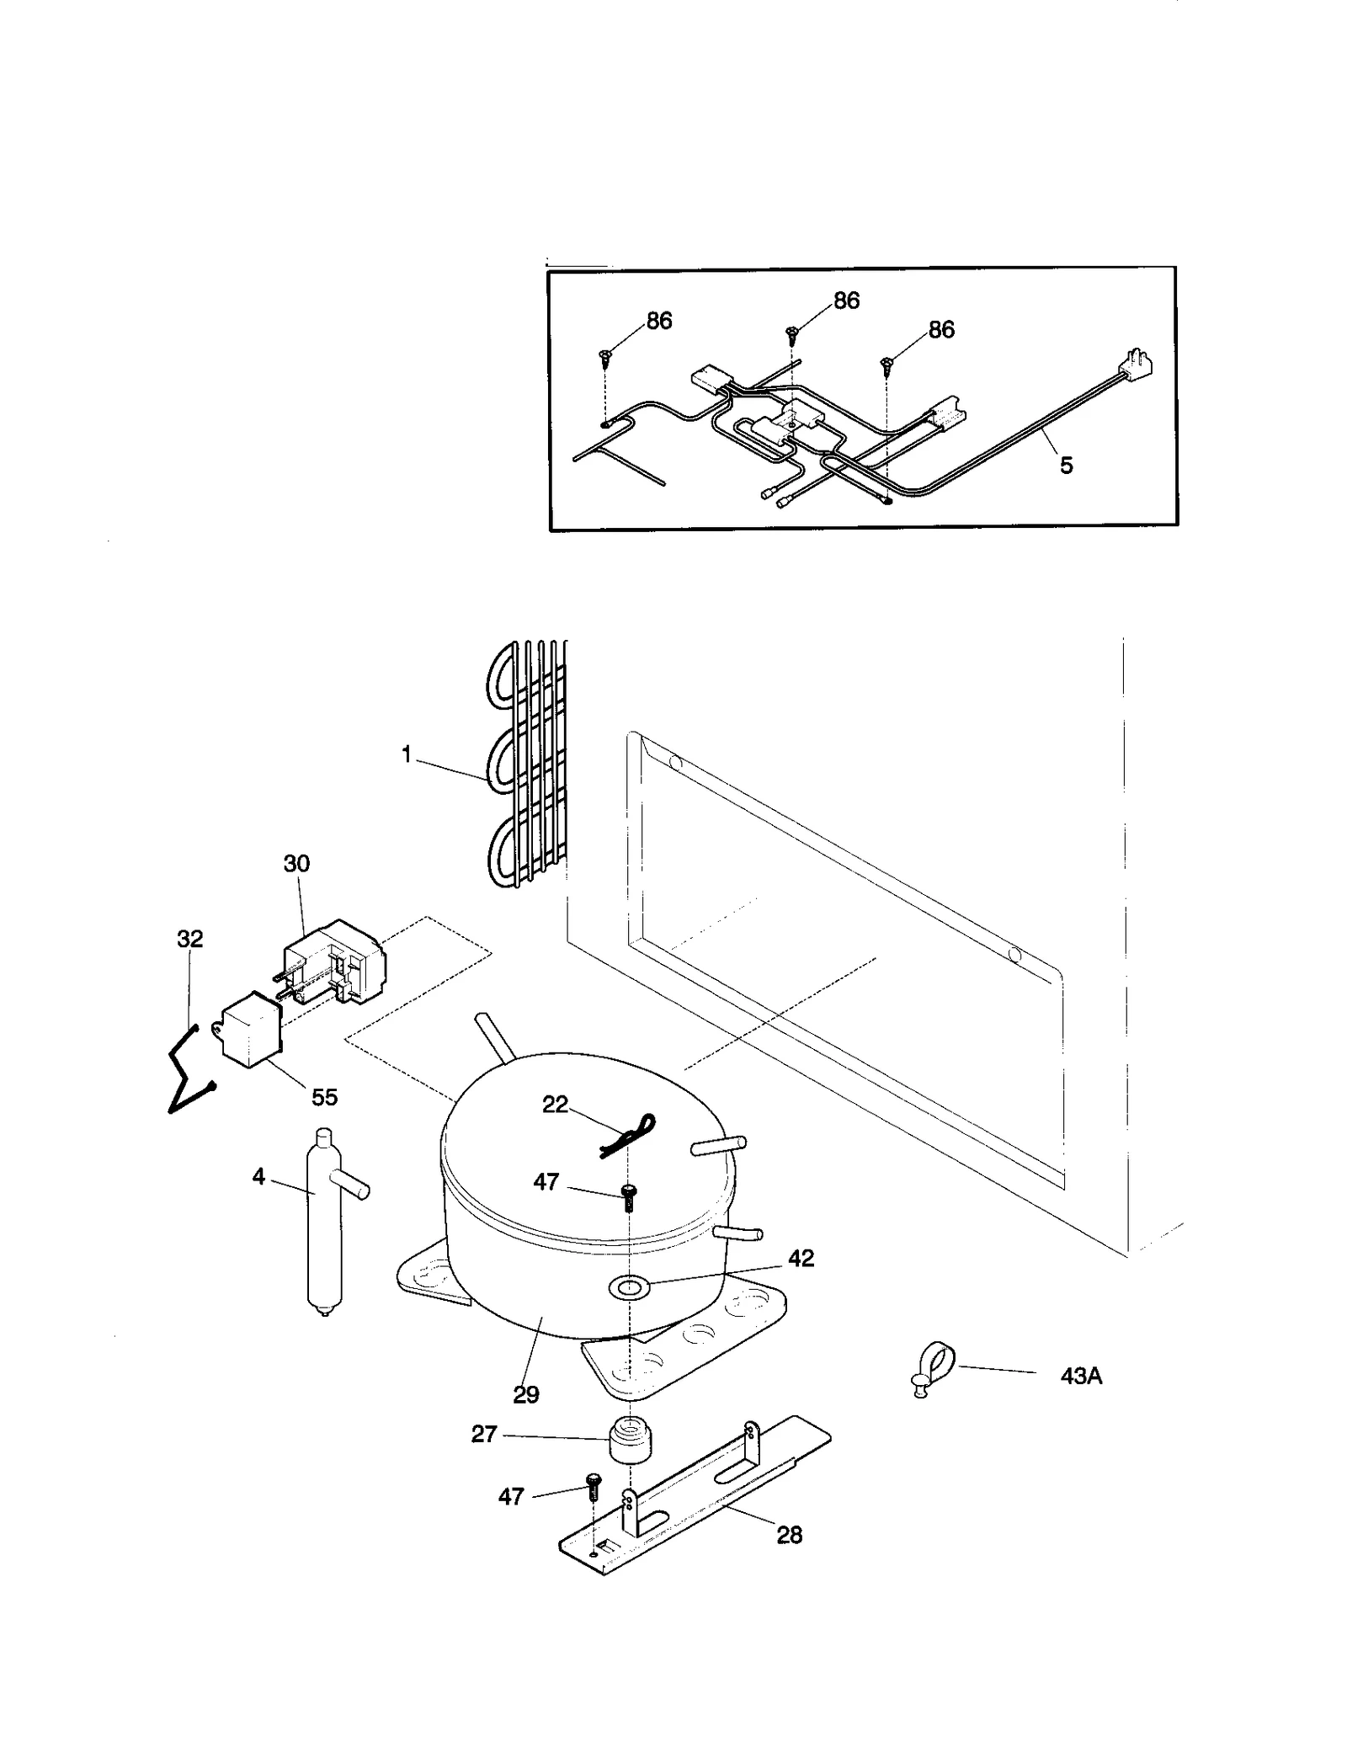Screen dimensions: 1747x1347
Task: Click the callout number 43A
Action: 1080,1377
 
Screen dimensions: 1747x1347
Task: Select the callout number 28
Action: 789,1535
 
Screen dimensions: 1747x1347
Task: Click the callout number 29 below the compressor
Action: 526,1395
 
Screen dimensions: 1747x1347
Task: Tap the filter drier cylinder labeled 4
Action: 325,1221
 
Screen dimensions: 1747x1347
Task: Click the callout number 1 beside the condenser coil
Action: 407,755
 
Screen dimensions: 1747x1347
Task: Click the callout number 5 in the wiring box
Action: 1066,465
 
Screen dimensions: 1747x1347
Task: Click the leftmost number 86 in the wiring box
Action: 659,321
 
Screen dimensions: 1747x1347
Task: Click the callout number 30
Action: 296,863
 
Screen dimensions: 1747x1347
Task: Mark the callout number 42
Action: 801,1258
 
